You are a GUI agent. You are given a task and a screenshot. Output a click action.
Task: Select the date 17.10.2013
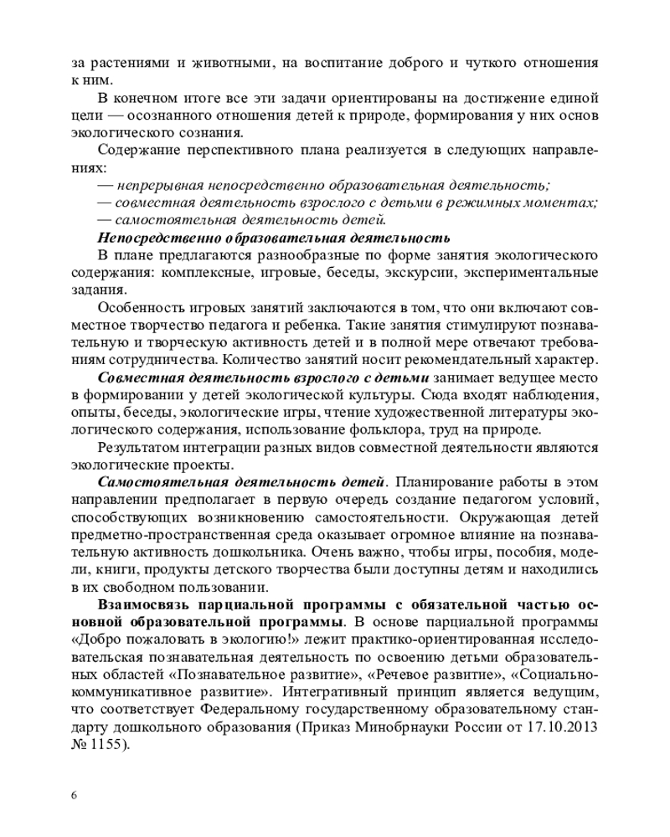[561, 727]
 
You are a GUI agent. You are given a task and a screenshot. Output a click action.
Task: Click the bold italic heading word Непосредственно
[152, 238]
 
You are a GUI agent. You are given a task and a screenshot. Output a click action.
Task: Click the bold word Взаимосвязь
[146, 604]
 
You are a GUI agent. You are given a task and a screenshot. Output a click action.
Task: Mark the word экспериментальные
[541, 272]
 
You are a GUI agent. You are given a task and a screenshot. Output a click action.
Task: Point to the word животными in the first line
[217, 63]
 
